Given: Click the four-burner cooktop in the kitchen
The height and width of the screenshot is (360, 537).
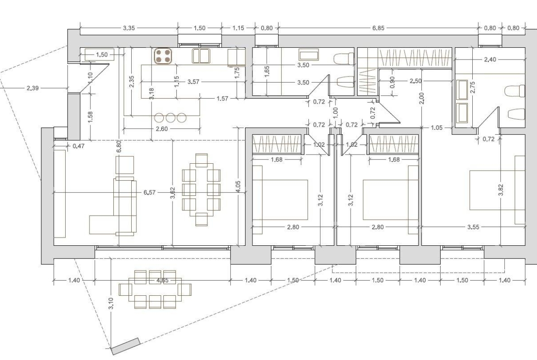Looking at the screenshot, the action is click(x=163, y=56).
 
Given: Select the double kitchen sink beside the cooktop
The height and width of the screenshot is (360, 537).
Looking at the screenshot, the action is click(x=201, y=56).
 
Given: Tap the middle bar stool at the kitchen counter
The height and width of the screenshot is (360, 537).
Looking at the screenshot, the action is click(x=171, y=117).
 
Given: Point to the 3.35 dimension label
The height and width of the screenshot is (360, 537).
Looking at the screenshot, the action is click(x=129, y=28).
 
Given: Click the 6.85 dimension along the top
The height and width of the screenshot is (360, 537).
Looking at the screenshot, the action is click(x=378, y=28).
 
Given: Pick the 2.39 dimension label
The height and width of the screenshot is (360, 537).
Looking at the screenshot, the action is click(x=33, y=89).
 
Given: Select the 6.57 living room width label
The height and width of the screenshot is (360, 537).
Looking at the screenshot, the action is click(x=150, y=193).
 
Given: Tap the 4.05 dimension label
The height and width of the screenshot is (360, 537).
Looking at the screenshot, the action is click(x=238, y=187).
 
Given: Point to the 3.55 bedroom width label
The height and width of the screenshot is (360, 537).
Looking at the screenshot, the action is click(x=473, y=227).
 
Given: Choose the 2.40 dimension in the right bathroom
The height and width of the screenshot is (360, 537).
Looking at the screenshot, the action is click(x=490, y=60).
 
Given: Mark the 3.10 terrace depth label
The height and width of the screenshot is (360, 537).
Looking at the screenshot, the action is click(x=111, y=304).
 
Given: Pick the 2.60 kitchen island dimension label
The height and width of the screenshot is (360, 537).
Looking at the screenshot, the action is click(x=162, y=129).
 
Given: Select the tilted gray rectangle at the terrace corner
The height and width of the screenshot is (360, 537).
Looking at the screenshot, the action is click(x=126, y=346).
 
